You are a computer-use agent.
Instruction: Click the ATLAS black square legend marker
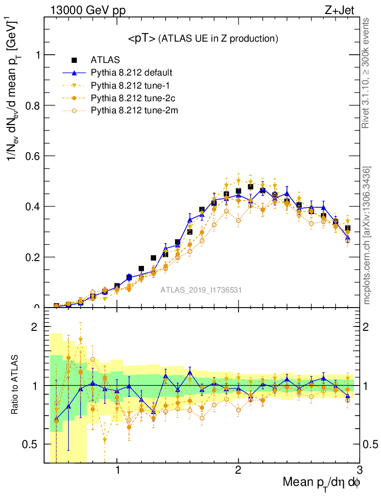tap(74, 61)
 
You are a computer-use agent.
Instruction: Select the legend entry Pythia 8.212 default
tap(131, 73)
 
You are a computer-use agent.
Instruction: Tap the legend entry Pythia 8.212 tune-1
tap(128, 86)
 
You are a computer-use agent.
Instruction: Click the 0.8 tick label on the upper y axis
tap(33, 106)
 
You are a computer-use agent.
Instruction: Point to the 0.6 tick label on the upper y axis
tap(33, 156)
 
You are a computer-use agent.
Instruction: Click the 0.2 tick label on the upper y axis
tap(33, 257)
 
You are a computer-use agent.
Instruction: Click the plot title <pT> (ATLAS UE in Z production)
tap(203, 39)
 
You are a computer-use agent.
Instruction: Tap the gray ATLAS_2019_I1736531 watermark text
tap(201, 290)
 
